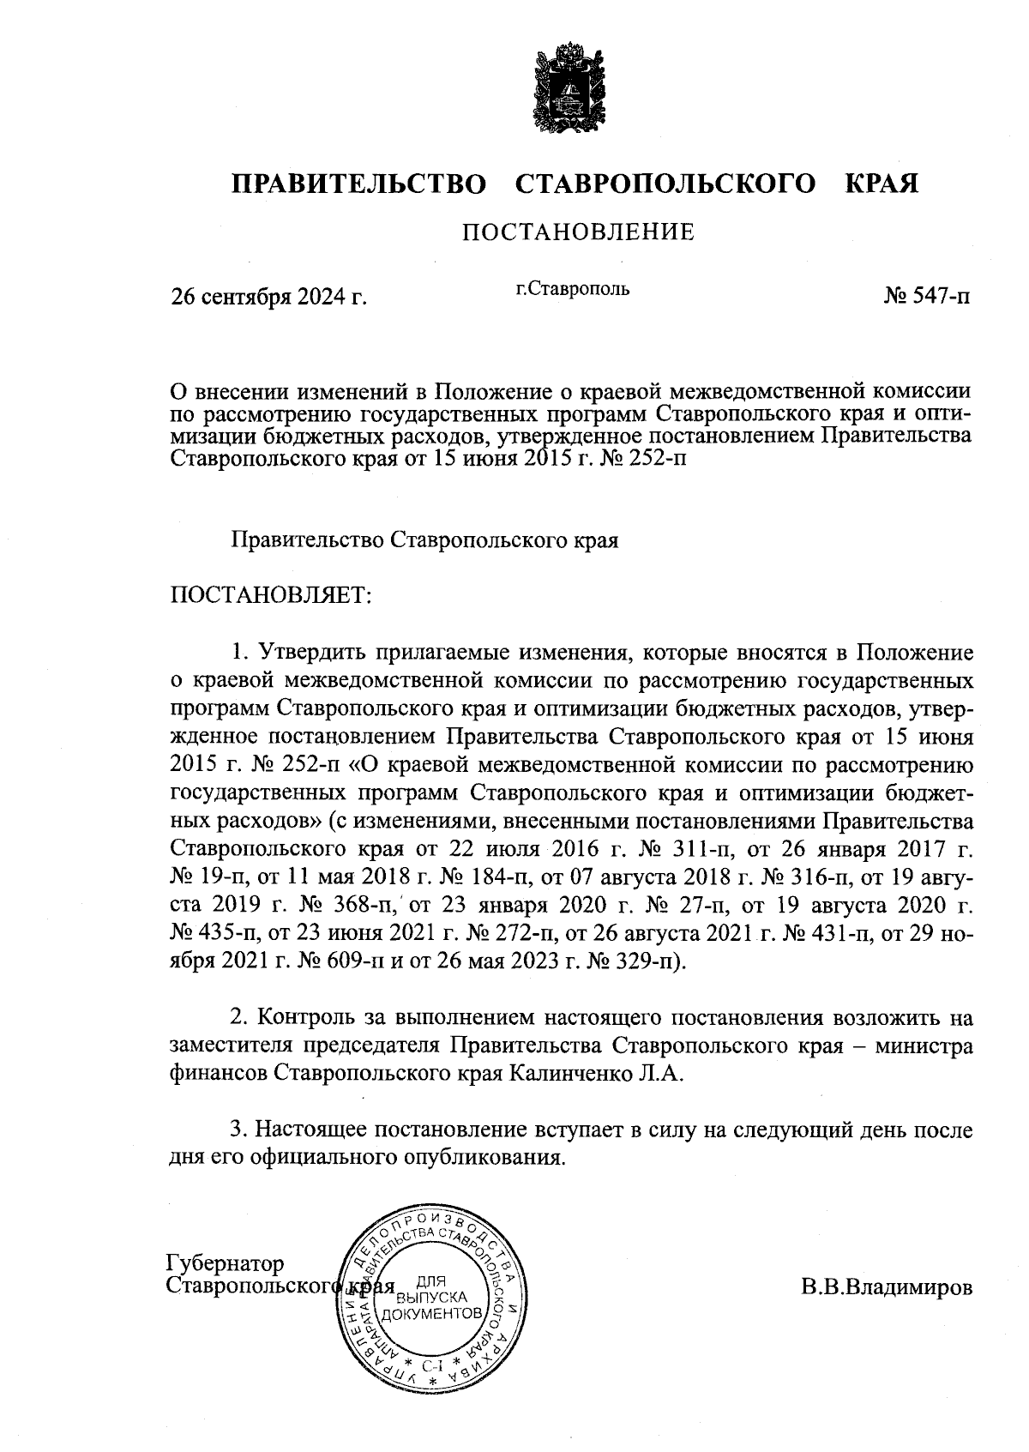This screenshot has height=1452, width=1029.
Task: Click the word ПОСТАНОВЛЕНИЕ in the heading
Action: [x=579, y=232]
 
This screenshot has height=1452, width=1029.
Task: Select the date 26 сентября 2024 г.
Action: [x=268, y=297]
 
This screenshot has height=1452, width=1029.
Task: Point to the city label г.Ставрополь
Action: [x=572, y=288]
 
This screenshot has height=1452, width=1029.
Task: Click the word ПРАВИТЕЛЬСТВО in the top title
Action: [x=360, y=184]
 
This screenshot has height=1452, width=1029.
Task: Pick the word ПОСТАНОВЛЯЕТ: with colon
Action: [x=271, y=594]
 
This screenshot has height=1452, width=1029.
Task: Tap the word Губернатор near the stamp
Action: [x=225, y=1263]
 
